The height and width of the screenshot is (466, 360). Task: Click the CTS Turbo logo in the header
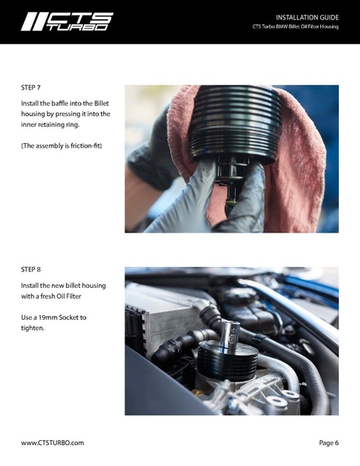pos(67,22)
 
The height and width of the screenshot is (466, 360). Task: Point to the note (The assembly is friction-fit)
pos(61,145)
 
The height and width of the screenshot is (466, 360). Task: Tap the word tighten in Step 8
pos(33,328)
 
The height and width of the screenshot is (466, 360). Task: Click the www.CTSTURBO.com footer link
pos(52,443)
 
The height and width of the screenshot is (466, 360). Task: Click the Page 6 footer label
pos(329,443)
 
